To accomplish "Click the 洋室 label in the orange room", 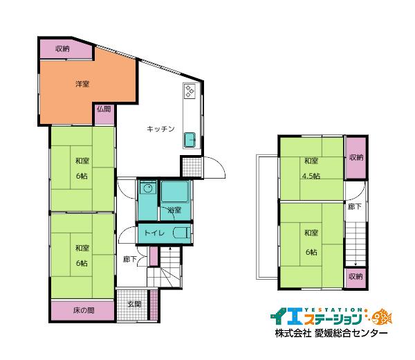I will click(82, 84).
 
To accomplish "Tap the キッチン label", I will click(160, 129).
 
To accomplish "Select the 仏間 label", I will click(104, 109).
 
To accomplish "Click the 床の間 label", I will click(83, 310).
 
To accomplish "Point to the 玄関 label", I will click(134, 304).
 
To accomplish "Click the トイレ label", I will click(154, 233).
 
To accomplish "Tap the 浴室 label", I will click(174, 210).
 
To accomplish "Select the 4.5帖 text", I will click(311, 176).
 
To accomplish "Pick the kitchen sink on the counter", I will click(191, 140).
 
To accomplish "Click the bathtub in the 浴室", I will click(174, 192).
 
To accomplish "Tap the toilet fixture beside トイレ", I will click(181, 233).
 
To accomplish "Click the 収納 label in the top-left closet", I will click(63, 48).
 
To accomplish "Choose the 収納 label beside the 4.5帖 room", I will click(356, 157).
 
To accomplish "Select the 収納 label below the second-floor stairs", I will click(356, 276).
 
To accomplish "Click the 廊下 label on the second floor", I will click(355, 206).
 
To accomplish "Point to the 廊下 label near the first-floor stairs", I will click(129, 260).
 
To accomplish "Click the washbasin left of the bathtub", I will click(147, 188).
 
